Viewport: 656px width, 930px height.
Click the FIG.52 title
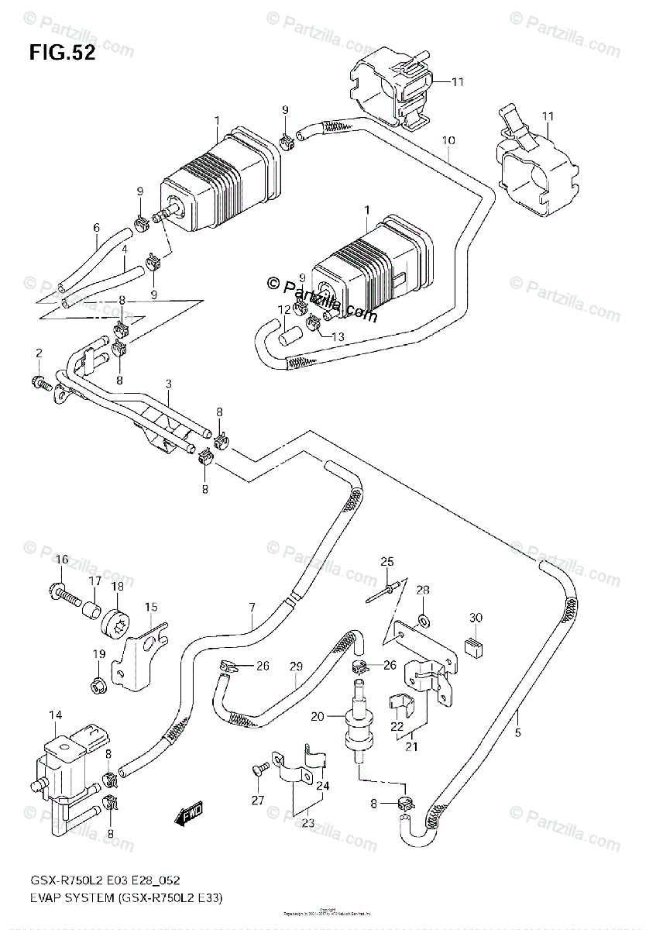tap(63, 53)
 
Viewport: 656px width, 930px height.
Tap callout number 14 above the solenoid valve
tap(55, 715)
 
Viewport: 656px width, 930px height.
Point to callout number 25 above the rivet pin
tap(387, 561)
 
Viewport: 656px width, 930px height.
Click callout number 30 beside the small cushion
tap(476, 618)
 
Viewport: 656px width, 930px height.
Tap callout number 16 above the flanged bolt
tap(62, 560)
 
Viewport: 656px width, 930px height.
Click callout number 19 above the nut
tap(98, 656)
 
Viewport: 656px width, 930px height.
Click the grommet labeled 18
tap(117, 622)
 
